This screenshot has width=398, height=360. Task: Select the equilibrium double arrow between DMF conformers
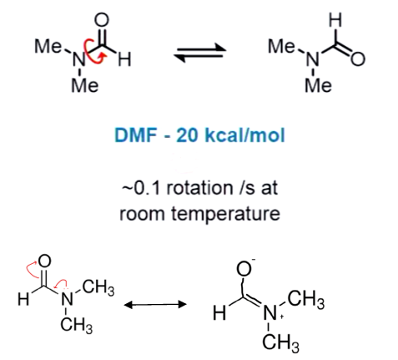[200, 52]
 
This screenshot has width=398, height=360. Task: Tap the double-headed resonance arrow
[155, 304]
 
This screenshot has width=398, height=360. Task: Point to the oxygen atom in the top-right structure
[358, 59]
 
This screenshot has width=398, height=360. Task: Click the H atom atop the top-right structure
[335, 20]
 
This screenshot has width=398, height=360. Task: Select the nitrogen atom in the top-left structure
[79, 60]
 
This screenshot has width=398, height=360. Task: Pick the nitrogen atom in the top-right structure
[313, 59]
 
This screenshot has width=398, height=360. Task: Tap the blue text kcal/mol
[244, 135]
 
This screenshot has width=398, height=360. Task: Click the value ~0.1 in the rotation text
[140, 188]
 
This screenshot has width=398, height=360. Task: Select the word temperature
[225, 215]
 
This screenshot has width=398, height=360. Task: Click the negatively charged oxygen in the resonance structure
[244, 268]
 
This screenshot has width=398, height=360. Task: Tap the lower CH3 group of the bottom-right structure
[281, 342]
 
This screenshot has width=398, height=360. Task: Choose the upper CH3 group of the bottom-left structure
[98, 287]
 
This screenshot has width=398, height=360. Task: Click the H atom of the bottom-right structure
[219, 312]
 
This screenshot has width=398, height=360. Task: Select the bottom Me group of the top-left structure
[85, 85]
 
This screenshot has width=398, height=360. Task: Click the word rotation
[199, 188]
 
